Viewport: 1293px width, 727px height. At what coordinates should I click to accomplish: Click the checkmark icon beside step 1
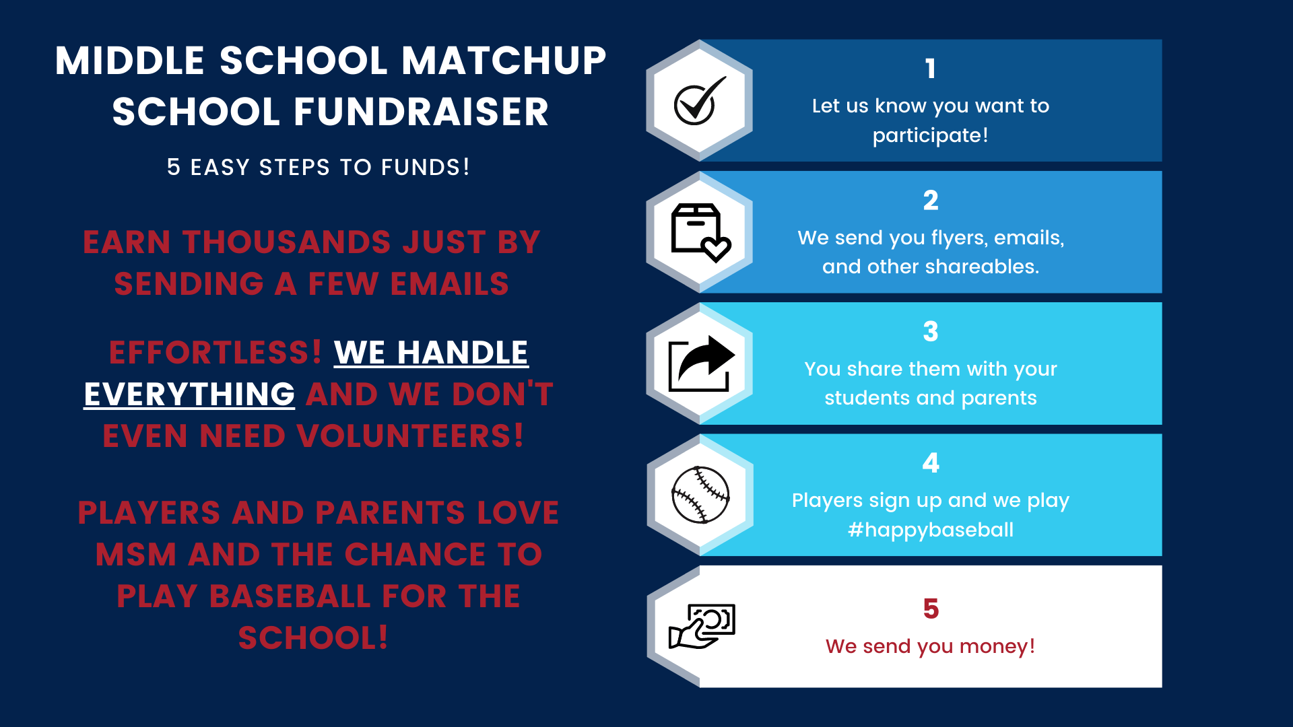[x=699, y=102]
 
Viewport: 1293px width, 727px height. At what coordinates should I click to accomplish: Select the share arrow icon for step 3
[x=700, y=363]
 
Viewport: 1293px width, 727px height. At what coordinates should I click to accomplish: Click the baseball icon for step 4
[x=700, y=495]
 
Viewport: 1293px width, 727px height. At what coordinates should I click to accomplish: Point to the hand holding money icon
[x=701, y=626]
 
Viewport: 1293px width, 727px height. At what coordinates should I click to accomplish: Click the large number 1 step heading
[x=930, y=68]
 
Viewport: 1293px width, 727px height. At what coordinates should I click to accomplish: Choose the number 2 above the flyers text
[x=931, y=200]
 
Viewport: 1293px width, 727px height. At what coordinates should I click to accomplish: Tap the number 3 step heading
[x=931, y=331]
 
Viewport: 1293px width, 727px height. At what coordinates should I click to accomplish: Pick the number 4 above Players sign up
[x=931, y=462]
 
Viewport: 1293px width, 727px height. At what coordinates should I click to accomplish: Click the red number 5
[x=931, y=609]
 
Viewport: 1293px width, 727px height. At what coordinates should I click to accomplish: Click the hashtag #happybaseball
[x=931, y=530]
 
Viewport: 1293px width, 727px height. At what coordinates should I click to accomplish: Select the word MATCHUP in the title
[x=504, y=61]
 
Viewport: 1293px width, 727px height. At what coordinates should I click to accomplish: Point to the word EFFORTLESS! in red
[x=215, y=353]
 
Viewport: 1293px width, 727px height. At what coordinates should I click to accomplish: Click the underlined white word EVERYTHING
[x=189, y=394]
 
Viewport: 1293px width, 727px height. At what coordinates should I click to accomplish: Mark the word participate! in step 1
[x=931, y=135]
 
